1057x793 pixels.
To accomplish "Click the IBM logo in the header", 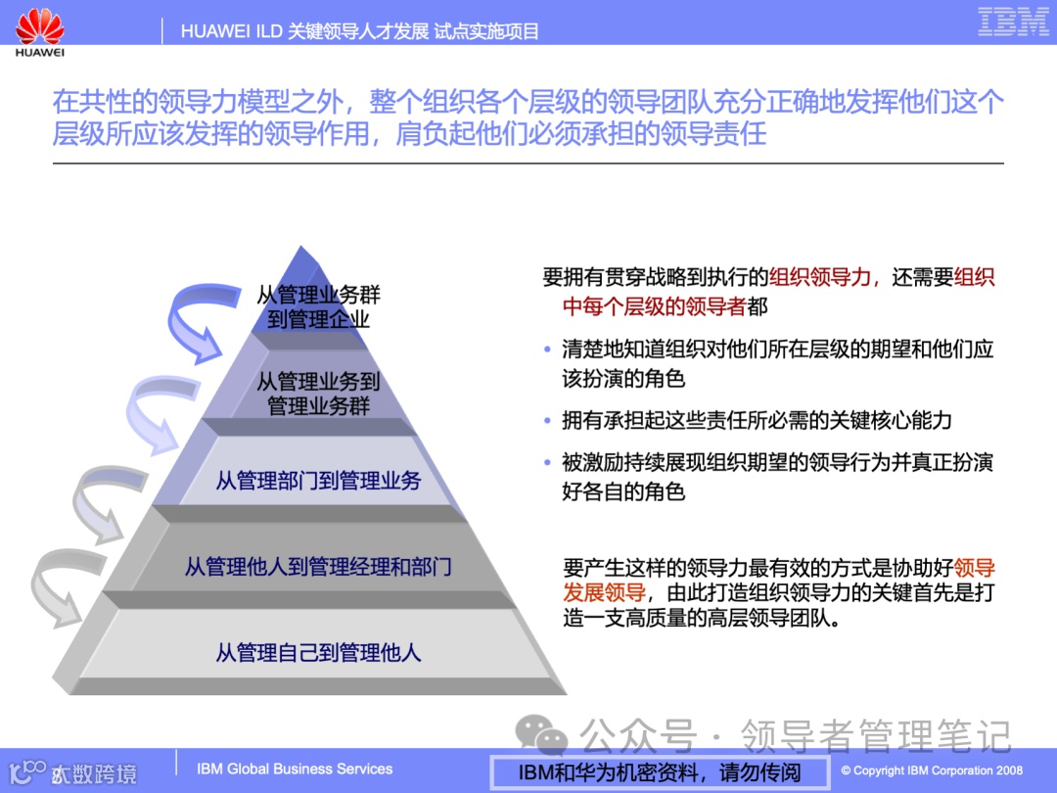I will point(1013,22).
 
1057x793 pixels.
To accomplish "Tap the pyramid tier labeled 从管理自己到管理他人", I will point(318,652).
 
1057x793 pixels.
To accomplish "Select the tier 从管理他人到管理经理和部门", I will point(318,567).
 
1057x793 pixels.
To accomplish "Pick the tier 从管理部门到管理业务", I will point(318,481).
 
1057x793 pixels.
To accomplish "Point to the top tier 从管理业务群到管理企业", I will point(318,306).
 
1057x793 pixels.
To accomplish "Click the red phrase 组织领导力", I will point(819,277).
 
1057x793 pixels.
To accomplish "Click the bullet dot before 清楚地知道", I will point(547,350).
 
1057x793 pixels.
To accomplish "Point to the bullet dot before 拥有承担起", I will point(547,421).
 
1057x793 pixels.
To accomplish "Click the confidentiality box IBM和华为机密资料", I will point(660,771).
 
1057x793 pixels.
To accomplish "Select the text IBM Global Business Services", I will point(295,770).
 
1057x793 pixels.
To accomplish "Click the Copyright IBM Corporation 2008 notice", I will point(931,770).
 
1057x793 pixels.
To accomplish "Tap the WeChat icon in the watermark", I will point(542,733).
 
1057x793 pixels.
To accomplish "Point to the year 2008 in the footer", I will point(1009,770).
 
